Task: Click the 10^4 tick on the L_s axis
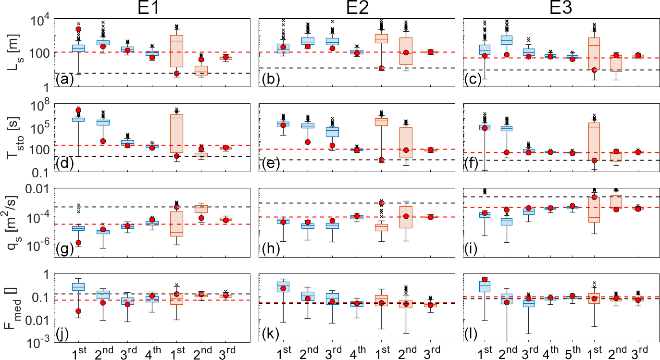pos(42,21)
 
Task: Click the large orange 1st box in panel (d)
pos(177,133)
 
